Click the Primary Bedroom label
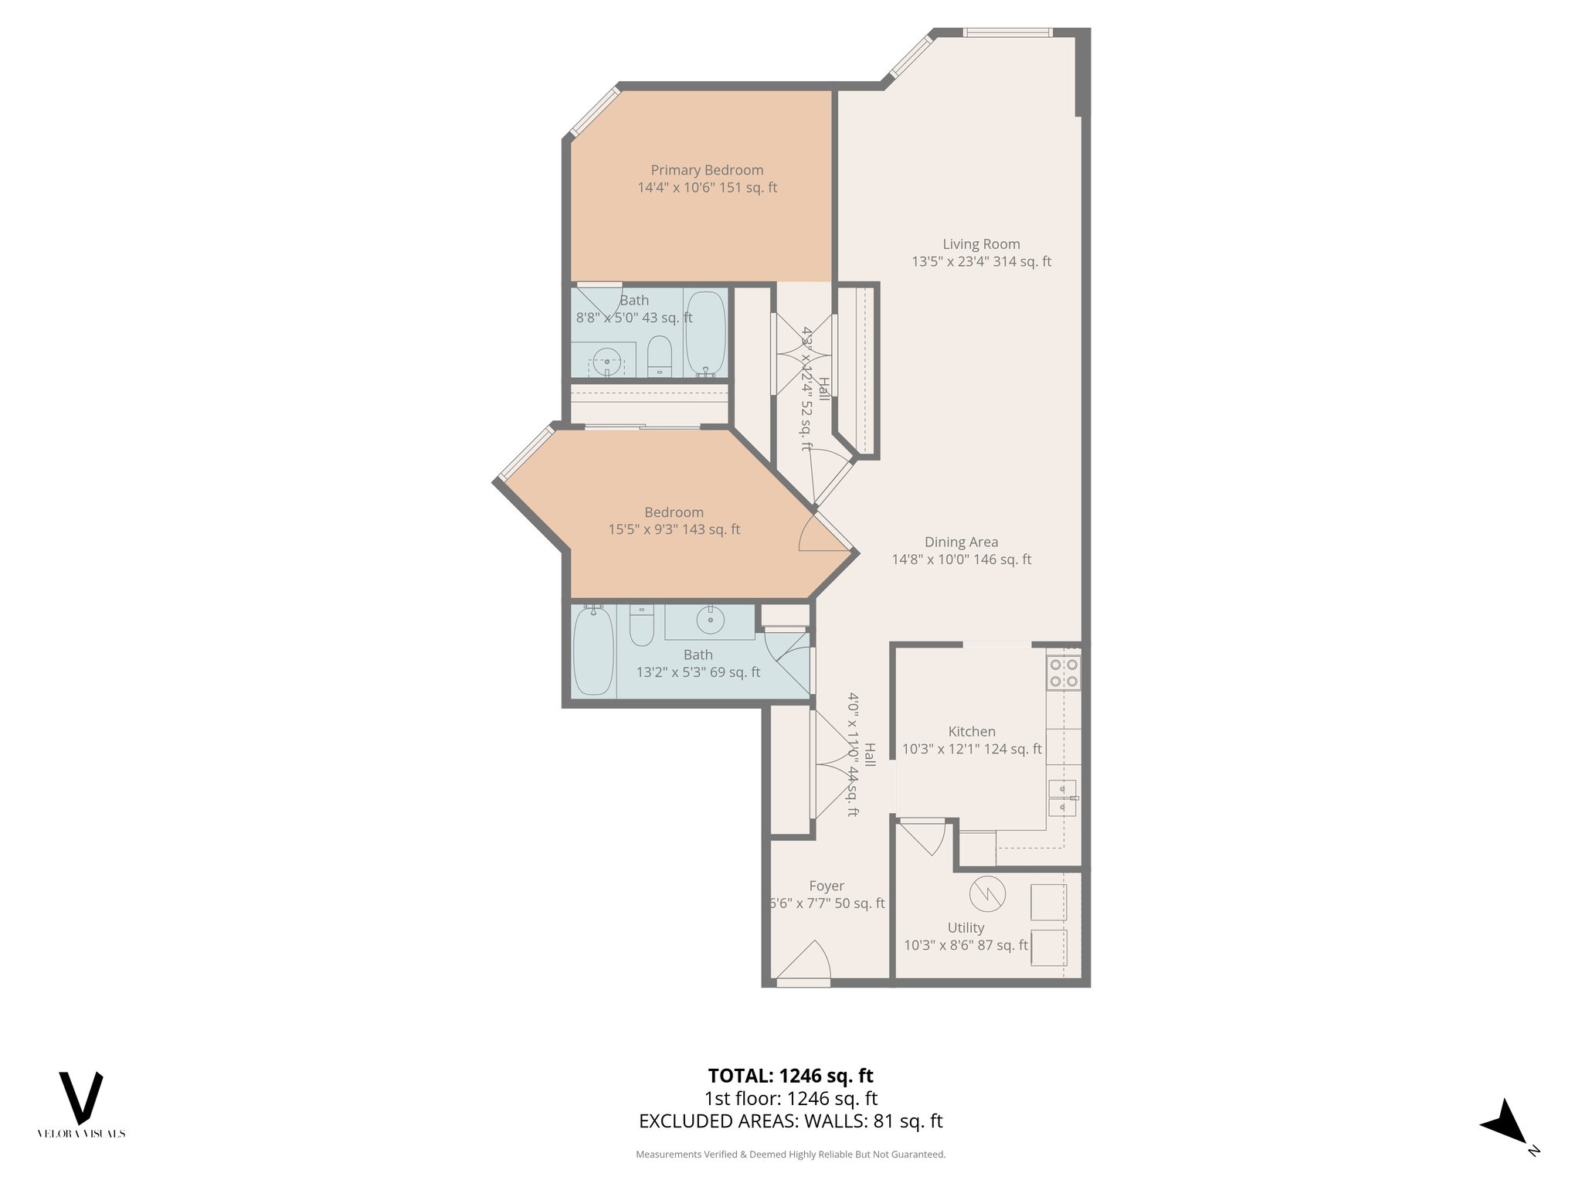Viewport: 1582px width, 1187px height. point(707,170)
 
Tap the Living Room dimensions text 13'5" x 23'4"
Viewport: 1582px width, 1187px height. point(950,262)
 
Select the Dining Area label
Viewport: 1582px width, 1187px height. point(961,542)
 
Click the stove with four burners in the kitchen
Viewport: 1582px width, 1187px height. point(1064,672)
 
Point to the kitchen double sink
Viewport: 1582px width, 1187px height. point(1063,798)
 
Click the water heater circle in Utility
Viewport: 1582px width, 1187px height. point(987,894)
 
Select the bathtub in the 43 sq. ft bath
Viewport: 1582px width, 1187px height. point(705,333)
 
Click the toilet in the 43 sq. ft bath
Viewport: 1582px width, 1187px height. point(659,355)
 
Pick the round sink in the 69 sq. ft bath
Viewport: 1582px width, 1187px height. point(710,619)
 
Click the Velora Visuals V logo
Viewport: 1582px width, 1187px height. point(81,1097)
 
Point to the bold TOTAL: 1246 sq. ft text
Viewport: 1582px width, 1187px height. point(790,1076)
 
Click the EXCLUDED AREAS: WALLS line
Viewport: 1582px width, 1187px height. point(790,1121)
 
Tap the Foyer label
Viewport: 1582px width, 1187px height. point(826,886)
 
